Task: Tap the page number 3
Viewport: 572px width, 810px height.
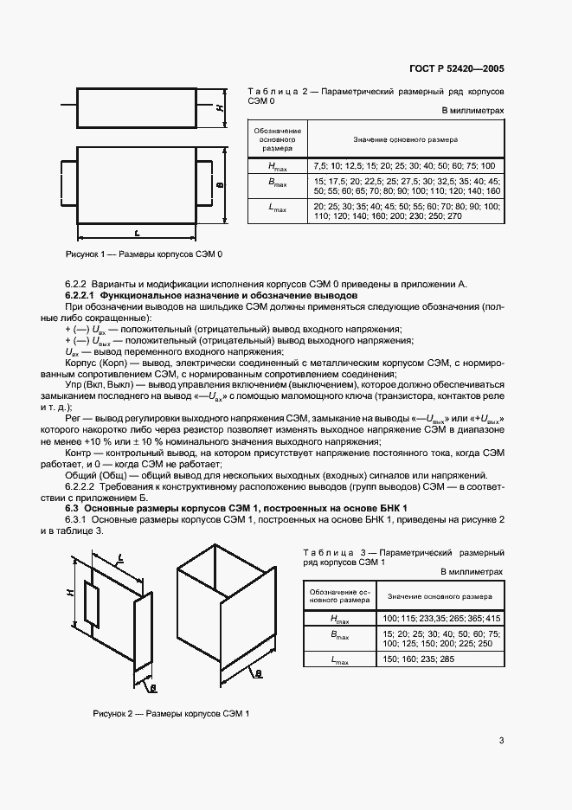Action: [501, 740]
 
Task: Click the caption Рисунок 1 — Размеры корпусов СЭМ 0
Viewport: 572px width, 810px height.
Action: [145, 255]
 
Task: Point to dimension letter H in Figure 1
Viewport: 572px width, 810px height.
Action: [221, 108]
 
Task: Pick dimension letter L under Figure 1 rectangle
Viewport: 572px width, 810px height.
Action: [138, 233]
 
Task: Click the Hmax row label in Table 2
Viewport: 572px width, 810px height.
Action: [277, 165]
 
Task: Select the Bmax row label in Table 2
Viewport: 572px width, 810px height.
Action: [277, 184]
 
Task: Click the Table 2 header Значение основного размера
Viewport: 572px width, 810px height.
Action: [405, 139]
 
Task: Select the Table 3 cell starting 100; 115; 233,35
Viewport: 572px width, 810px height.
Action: [440, 619]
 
